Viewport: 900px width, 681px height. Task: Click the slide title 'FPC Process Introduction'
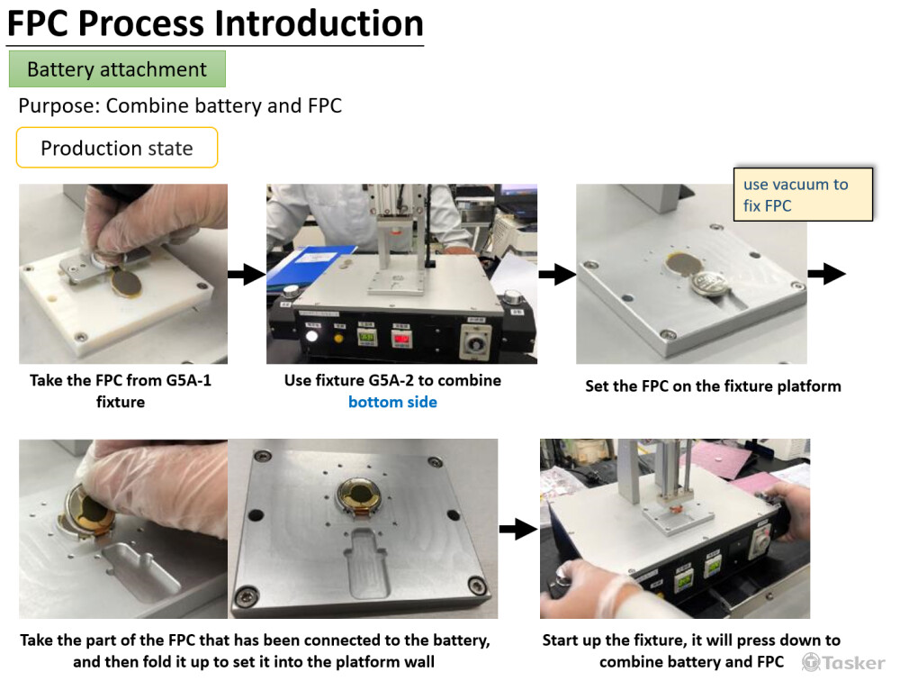coord(215,23)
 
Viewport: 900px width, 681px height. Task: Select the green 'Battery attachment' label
coord(117,69)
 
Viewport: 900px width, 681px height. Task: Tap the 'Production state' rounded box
coord(117,148)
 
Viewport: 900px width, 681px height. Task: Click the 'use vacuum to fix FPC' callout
coord(803,195)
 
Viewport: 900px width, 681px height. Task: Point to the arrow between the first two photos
coord(247,275)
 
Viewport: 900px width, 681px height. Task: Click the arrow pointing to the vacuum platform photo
coord(557,275)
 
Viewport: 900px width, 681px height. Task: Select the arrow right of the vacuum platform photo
coord(826,275)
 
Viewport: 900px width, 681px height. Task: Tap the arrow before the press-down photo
coord(517,530)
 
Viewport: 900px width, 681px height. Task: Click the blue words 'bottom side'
coord(392,402)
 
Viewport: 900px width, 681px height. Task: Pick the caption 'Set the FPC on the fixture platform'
coord(713,386)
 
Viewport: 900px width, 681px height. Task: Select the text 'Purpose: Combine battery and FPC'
coord(180,105)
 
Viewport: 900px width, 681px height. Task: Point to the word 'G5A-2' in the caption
coord(415,380)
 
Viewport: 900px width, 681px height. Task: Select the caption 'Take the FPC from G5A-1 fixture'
coord(121,391)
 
